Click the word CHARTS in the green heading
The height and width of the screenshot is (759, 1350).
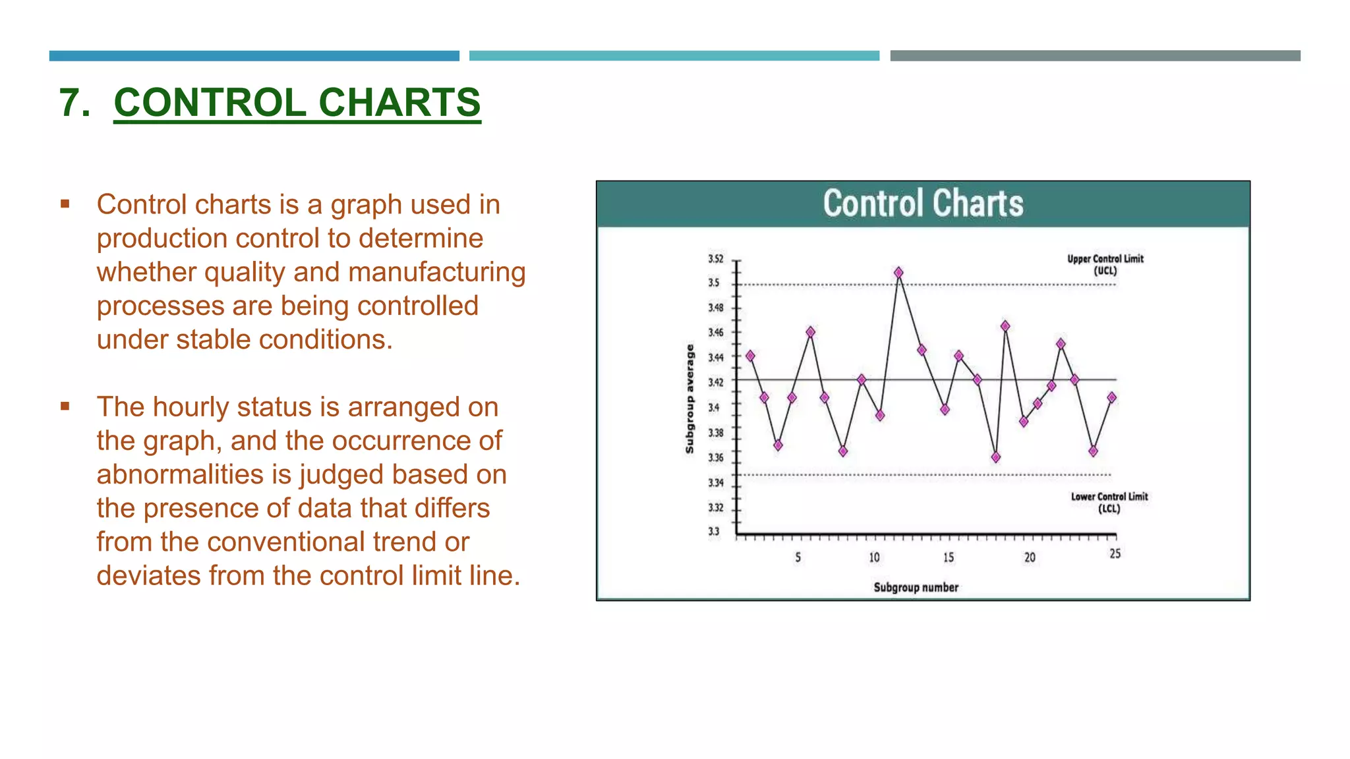(x=399, y=103)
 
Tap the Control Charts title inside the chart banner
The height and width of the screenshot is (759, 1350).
(x=923, y=204)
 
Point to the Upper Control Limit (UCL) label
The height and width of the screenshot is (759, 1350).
(x=1105, y=264)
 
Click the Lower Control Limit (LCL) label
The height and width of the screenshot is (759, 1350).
(x=1109, y=502)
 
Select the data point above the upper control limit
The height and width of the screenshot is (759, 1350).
(x=898, y=272)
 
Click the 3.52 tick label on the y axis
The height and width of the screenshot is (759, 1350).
(x=716, y=259)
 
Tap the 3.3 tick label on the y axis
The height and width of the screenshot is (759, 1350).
(x=714, y=531)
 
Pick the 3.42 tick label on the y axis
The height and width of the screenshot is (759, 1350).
(x=716, y=382)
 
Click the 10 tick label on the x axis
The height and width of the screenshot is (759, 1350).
(x=874, y=557)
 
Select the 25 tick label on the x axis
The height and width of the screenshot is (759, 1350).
(x=1115, y=553)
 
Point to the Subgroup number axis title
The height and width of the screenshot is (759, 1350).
(x=916, y=587)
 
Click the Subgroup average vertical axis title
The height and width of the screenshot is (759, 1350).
(x=690, y=399)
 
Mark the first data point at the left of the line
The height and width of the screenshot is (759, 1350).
(x=750, y=356)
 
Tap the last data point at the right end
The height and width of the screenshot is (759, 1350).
(x=1112, y=397)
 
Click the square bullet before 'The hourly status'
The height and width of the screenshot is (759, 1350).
(x=65, y=407)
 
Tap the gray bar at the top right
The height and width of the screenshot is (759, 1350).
(x=1095, y=56)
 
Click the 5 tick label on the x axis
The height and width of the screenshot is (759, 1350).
(x=798, y=557)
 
